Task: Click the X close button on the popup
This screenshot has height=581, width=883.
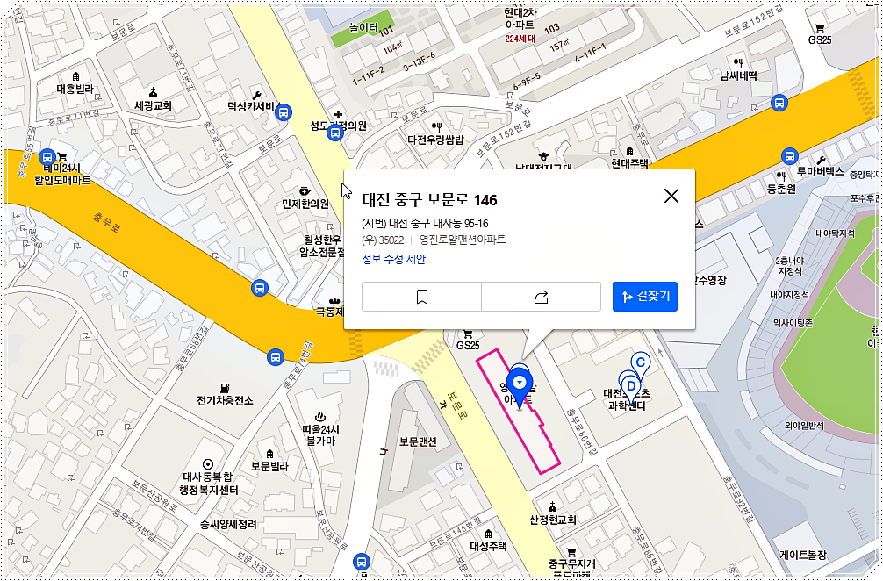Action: [x=671, y=196]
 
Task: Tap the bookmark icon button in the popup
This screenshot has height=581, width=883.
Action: [x=421, y=297]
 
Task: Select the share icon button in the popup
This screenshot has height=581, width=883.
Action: [x=541, y=297]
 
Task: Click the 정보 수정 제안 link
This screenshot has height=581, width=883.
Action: [x=393, y=259]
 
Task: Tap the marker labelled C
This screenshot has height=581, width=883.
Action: [x=641, y=362]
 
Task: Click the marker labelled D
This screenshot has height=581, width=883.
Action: [x=629, y=384]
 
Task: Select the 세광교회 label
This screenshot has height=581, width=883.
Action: [x=153, y=105]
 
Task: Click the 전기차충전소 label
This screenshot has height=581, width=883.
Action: [x=225, y=400]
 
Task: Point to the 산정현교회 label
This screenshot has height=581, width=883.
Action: [x=552, y=520]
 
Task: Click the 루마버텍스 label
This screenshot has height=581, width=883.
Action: [x=821, y=172]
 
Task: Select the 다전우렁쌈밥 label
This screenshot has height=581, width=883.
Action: [x=436, y=139]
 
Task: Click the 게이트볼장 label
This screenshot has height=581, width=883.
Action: [x=803, y=556]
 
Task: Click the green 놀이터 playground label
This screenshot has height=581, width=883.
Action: [x=363, y=28]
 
